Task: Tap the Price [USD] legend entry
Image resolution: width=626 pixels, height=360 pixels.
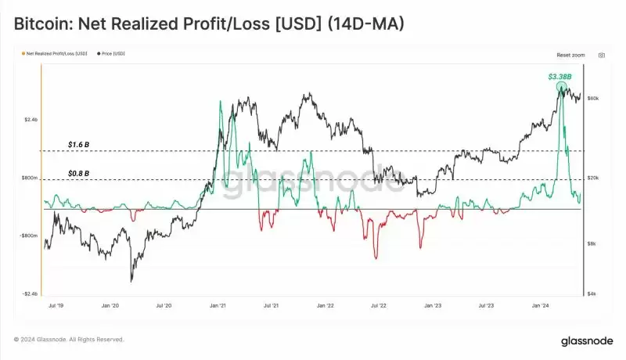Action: coord(111,53)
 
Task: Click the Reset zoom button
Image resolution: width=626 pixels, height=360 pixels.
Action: coord(570,56)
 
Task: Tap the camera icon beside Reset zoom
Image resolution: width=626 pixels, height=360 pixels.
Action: coord(601,56)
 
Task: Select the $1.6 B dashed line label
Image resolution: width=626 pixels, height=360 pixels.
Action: coord(78,145)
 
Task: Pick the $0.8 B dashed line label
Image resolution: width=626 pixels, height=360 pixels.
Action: coord(78,173)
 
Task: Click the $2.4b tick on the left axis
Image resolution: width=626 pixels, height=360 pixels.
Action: coord(30,120)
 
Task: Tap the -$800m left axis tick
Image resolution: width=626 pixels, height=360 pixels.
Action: coord(28,236)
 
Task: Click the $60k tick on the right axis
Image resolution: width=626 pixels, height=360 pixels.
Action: coord(593,98)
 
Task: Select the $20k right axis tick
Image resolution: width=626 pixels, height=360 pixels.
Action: coord(593,178)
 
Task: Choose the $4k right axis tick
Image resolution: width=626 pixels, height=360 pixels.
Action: coord(592,293)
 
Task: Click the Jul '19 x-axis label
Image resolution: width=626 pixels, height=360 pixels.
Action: coord(56,308)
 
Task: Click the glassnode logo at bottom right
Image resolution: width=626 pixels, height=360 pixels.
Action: coord(585,340)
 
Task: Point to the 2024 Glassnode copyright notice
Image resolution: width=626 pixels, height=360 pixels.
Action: coord(69,340)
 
